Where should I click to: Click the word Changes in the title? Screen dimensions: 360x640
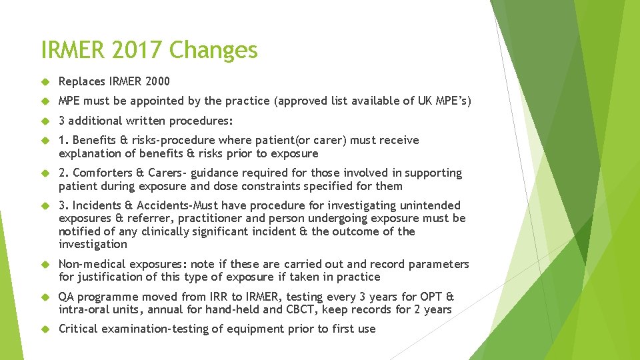[x=213, y=50]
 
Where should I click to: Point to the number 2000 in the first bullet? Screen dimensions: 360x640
[x=157, y=81]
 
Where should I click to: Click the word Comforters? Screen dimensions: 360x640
[x=100, y=173]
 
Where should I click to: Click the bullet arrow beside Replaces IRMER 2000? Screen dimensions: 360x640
[x=45, y=82]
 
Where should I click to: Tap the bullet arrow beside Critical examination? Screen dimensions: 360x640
[x=45, y=329]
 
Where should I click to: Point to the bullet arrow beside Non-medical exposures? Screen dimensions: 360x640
[x=45, y=265]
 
